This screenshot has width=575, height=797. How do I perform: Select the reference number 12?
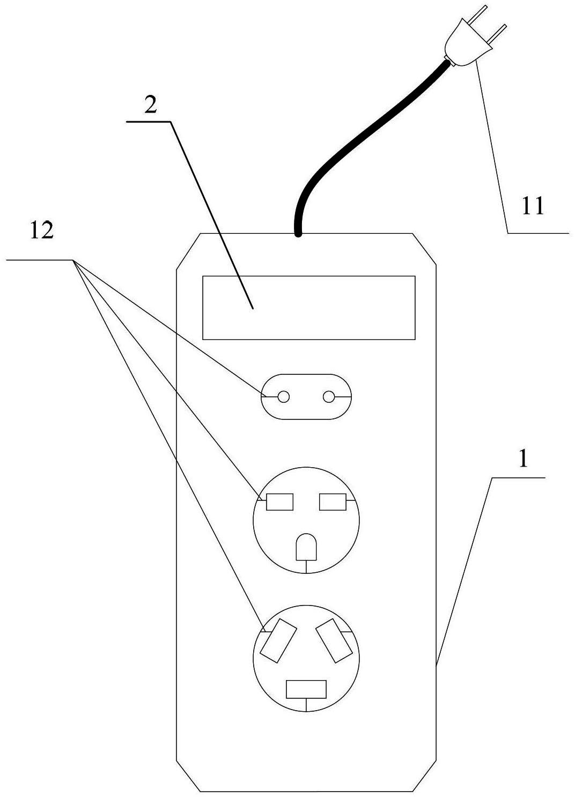tap(42, 230)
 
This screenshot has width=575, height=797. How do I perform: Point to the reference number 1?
tap(523, 459)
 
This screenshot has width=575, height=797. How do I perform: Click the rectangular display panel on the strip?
tap(309, 307)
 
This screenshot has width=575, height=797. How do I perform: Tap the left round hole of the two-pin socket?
tap(284, 397)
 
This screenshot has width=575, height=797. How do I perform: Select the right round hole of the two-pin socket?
tap(329, 397)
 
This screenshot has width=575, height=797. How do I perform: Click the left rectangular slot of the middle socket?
tap(279, 502)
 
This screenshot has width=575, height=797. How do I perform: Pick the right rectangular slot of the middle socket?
tap(333, 502)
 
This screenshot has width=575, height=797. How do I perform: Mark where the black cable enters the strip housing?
tap(298, 234)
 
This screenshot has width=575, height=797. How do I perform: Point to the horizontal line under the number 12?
tap(40, 260)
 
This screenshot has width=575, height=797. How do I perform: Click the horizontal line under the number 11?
tap(537, 233)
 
